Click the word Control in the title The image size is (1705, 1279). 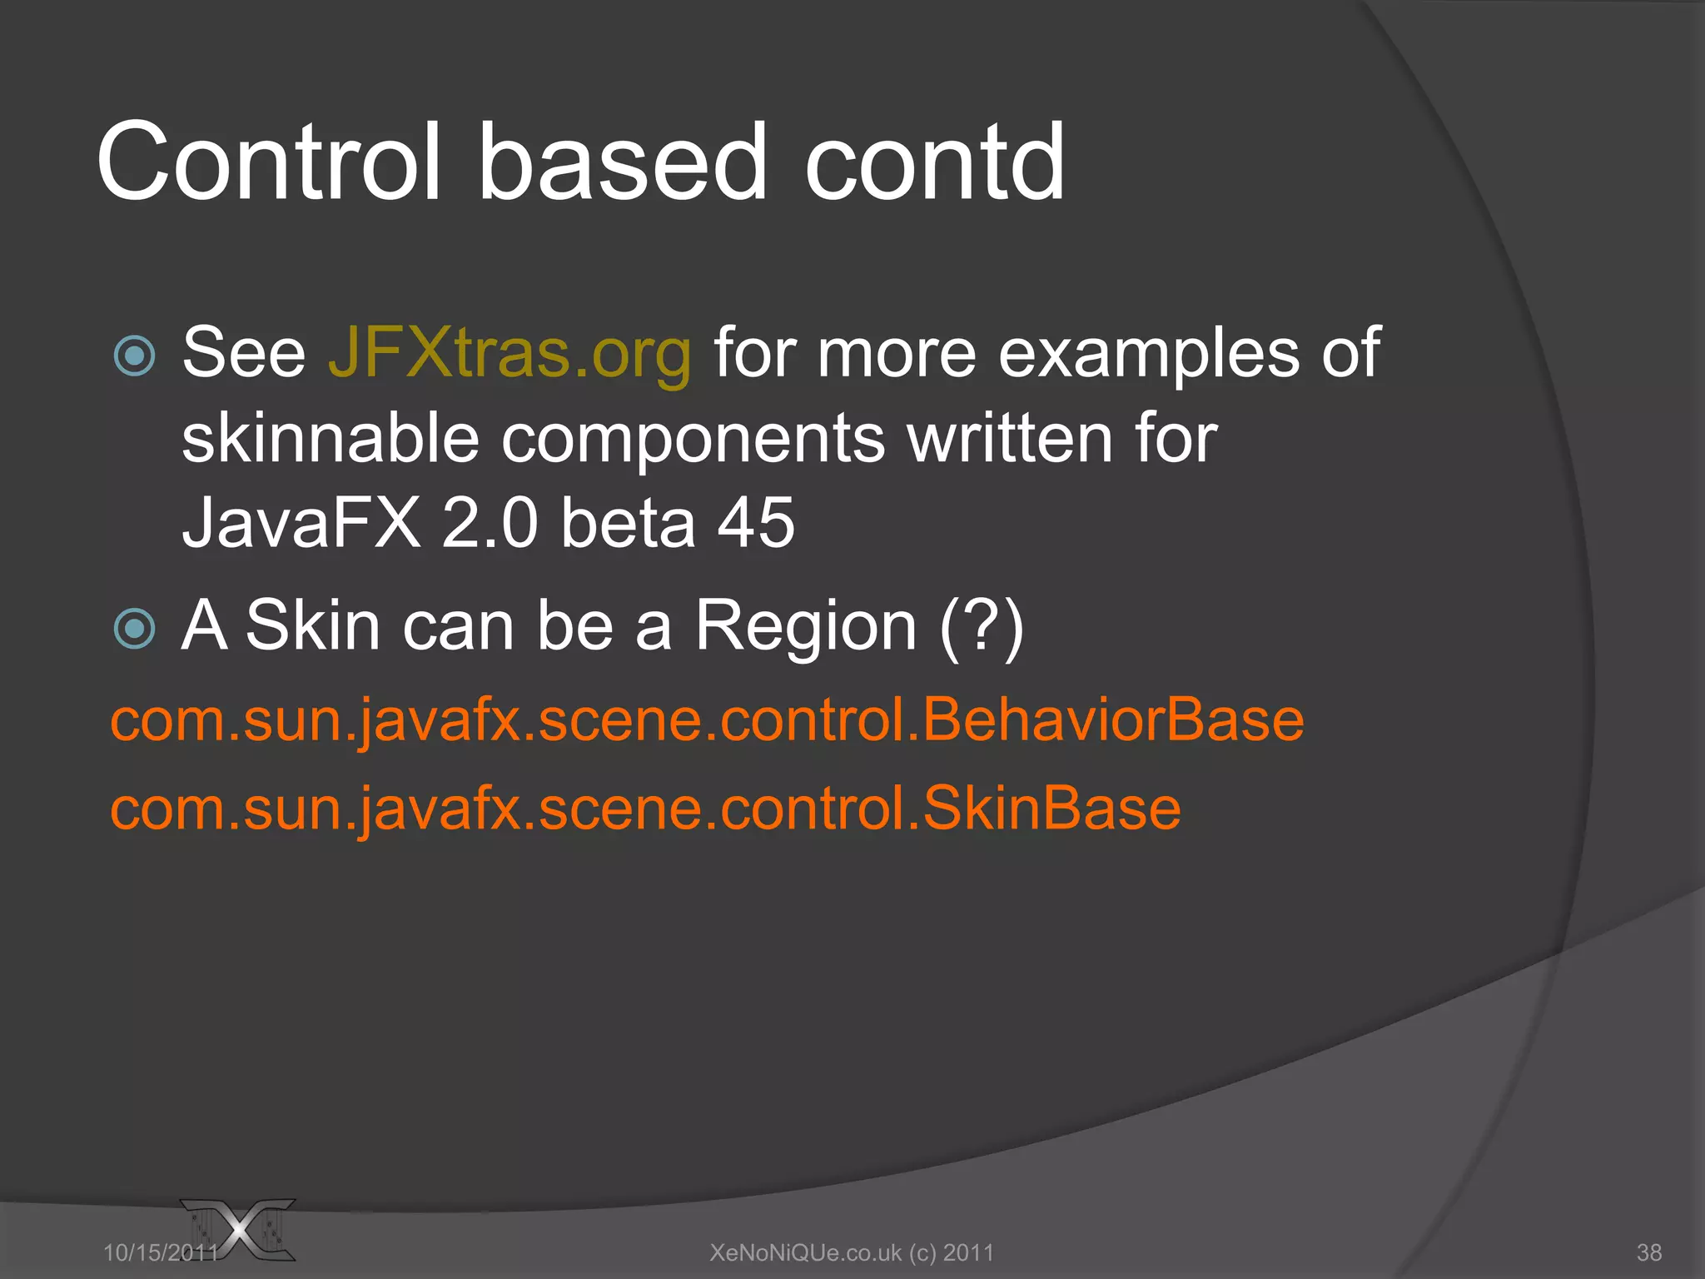pos(268,162)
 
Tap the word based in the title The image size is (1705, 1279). pos(621,162)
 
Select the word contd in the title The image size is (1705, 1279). pos(933,162)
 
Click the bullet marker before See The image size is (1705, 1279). pos(135,356)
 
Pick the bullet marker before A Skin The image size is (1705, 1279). pos(135,628)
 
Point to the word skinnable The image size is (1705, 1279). pos(331,440)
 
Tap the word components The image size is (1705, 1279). pos(693,440)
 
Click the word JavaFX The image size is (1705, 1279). pos(301,523)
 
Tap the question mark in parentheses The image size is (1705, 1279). pos(982,626)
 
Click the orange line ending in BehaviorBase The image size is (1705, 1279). pos(707,720)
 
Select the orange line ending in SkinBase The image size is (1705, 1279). pos(645,809)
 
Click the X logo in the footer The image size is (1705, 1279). pos(241,1229)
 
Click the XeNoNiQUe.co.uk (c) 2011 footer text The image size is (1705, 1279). pos(852,1252)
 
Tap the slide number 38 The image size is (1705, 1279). pos(1648,1252)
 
